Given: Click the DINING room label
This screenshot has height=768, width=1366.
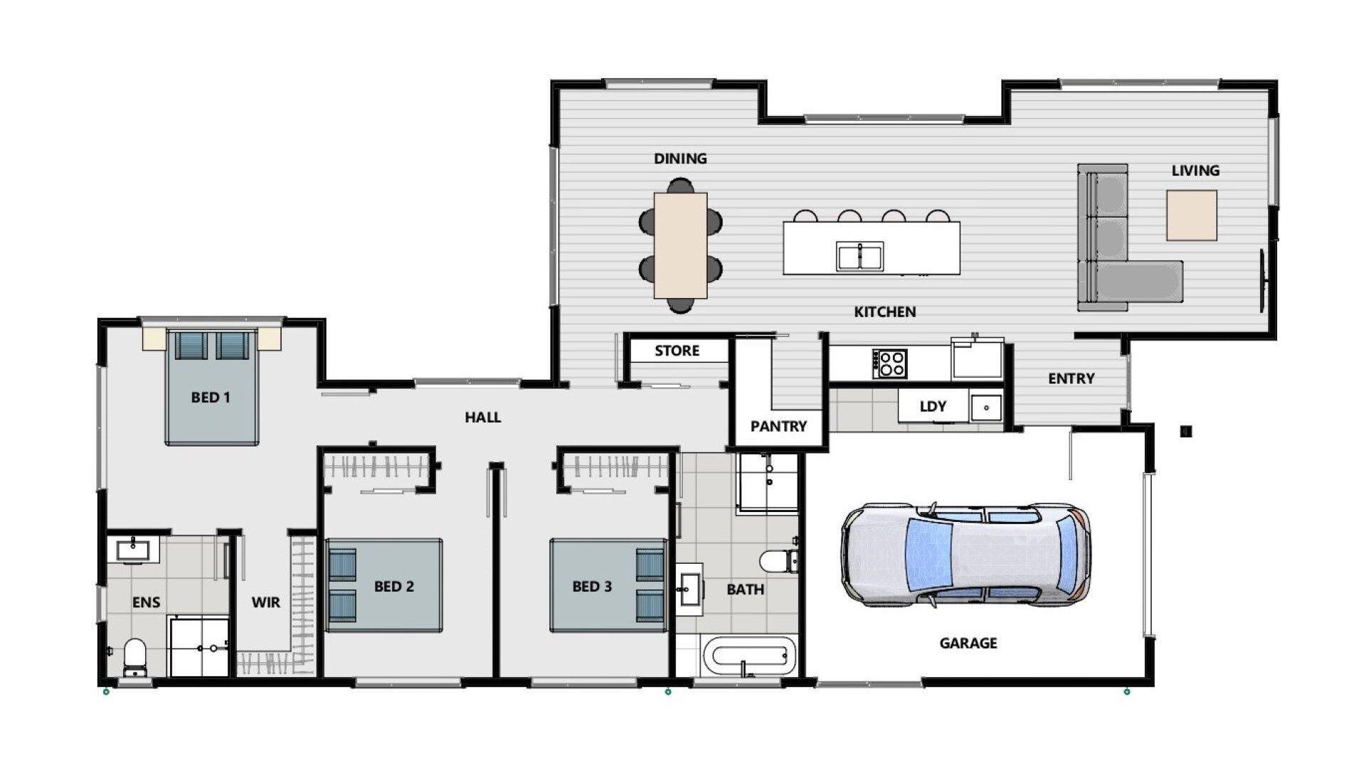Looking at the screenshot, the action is tap(680, 159).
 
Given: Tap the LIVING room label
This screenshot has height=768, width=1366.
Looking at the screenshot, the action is tap(1195, 171).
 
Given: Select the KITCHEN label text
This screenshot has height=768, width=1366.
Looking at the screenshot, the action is tap(885, 311).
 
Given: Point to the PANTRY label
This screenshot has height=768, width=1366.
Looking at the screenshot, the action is tap(778, 427).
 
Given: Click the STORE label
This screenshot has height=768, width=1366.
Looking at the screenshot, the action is tap(677, 351).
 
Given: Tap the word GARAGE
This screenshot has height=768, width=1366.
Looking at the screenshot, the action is tap(968, 644).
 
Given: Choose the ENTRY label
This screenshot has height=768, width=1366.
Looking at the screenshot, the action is tap(1071, 379).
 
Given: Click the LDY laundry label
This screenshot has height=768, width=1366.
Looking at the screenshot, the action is tap(933, 407).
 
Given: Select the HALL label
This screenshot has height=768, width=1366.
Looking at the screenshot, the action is tap(483, 417).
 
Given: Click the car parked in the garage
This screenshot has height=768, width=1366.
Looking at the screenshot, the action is tap(965, 554).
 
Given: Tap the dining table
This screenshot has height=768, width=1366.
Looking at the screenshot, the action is tap(681, 245).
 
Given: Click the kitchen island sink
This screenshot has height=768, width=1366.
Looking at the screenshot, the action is tap(860, 256).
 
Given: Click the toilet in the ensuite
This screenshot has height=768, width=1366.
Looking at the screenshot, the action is tap(134, 656).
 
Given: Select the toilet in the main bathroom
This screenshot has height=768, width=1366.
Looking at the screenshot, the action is tap(778, 561).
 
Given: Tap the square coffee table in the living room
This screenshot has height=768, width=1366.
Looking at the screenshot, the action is tap(1191, 215).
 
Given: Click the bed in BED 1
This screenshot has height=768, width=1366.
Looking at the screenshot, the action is tap(211, 387).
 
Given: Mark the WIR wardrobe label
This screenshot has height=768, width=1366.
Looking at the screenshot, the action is tap(265, 603).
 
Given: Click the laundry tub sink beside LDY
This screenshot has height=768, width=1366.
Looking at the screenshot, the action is tap(986, 407).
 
